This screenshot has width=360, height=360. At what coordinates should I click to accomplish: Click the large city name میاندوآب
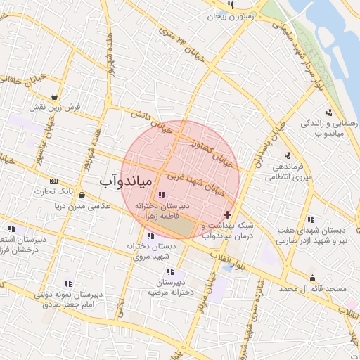pos(125,182)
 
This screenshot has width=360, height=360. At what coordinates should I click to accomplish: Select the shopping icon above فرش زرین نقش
pos(55,97)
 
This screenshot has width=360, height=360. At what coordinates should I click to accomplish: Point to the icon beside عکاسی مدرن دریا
pos(82,195)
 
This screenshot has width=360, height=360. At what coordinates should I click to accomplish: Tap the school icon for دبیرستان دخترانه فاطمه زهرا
pos(162,195)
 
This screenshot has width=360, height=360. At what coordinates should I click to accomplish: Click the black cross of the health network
pos(226,214)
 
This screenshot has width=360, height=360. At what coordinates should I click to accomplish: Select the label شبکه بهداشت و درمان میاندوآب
pos(227,230)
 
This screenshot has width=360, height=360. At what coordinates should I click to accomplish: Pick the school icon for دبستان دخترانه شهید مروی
pos(150,236)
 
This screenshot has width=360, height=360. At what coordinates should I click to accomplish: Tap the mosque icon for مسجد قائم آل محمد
pos(312,278)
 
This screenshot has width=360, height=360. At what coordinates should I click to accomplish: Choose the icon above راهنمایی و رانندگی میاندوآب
pos(329,112)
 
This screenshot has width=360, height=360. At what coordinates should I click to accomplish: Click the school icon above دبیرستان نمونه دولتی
pos(68,283)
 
